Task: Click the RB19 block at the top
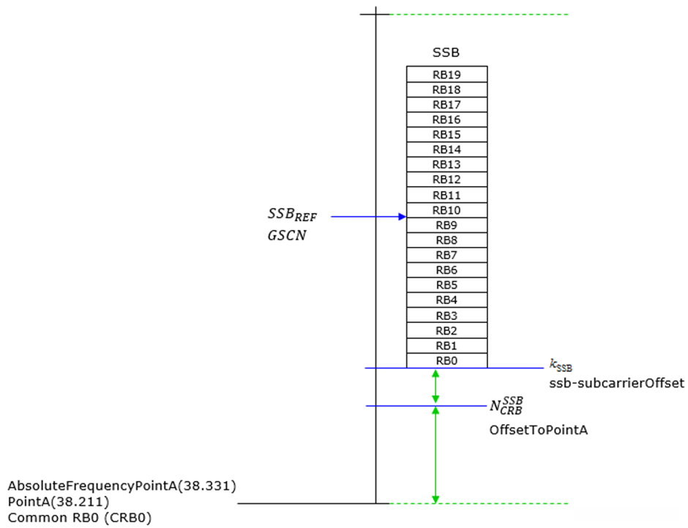point(446,74)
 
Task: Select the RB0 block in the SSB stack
point(446,360)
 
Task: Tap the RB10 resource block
point(446,210)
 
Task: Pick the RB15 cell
point(446,135)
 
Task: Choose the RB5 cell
point(446,285)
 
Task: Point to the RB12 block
point(446,180)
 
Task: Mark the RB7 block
point(446,255)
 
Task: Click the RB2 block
point(446,330)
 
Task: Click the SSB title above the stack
point(446,53)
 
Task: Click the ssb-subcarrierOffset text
point(616,383)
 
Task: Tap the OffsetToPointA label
point(538,431)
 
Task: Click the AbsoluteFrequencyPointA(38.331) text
point(122,486)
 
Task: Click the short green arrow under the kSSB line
point(435,387)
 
